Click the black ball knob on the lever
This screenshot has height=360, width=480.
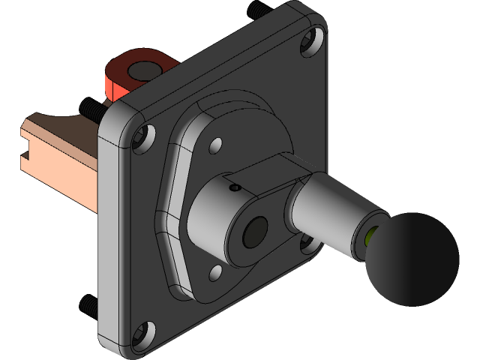pos(411,258)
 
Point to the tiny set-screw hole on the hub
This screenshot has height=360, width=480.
pos(234,187)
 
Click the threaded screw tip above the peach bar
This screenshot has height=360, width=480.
pos(90,108)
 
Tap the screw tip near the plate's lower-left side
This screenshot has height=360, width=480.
pos(87,304)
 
